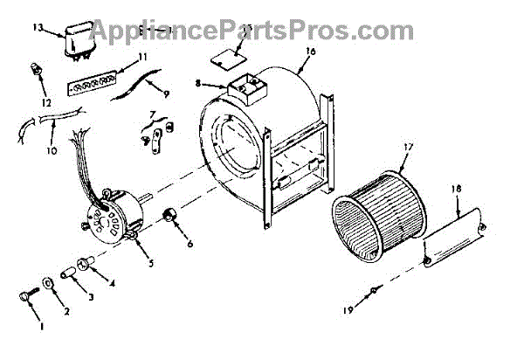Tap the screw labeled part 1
coord(25,300)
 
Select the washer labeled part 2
coord(45,286)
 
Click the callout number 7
coord(153,114)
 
